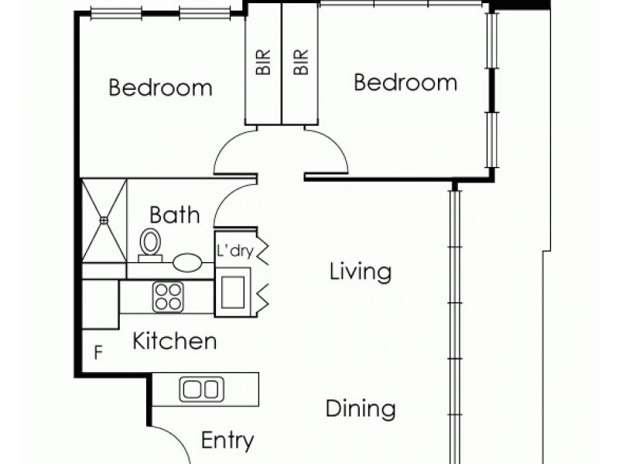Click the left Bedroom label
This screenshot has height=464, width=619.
(160, 87)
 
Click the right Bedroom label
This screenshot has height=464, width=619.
(405, 83)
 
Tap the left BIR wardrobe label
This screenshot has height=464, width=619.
(263, 62)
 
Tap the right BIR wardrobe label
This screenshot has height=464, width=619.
(301, 62)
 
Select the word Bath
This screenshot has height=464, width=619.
(175, 215)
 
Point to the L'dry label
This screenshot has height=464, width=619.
(234, 251)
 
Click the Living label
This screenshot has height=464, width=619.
(361, 272)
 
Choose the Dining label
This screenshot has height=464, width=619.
(361, 409)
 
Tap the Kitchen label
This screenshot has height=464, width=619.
(175, 341)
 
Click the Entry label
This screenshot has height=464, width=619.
(227, 440)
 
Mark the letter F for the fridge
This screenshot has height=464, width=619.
(98, 353)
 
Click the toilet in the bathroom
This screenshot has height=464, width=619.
(150, 244)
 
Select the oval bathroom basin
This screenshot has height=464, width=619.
(187, 262)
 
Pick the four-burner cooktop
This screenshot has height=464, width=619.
(168, 297)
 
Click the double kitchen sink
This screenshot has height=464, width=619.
(202, 390)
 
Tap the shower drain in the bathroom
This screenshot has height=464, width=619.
(104, 220)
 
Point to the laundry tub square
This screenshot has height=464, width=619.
(233, 292)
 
